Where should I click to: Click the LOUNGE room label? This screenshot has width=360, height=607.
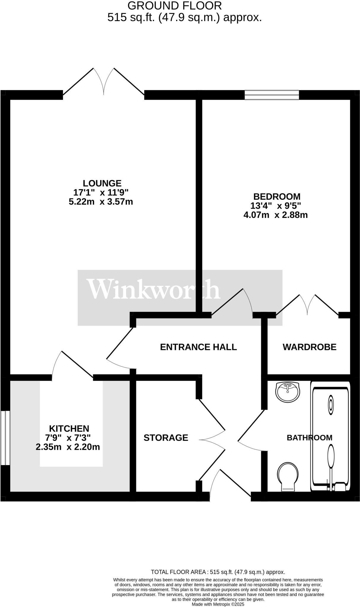tap(102, 183)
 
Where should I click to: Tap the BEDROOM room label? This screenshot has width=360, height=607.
tap(277, 197)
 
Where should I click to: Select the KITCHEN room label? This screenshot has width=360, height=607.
tap(69, 429)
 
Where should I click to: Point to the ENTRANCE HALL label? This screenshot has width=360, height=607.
tap(198, 347)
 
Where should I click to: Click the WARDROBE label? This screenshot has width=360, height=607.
tap(309, 347)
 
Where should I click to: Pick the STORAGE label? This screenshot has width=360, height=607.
tap(166, 438)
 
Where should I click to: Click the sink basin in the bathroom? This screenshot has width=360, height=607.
tap(287, 392)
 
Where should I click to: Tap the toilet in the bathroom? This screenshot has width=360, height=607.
tap(288, 476)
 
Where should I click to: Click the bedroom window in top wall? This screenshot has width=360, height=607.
tap(272, 95)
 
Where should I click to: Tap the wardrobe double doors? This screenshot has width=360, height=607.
tap(307, 305)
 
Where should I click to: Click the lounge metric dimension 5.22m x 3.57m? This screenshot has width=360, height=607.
tap(101, 202)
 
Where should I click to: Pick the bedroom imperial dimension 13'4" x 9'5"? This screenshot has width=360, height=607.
tap(276, 206)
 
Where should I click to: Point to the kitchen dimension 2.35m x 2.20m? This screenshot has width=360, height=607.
tap(68, 447)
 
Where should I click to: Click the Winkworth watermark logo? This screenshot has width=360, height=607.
tap(153, 290)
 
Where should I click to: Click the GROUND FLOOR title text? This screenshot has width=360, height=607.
tap(174, 6)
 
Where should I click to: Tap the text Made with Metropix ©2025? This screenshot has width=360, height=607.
tap(218, 604)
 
